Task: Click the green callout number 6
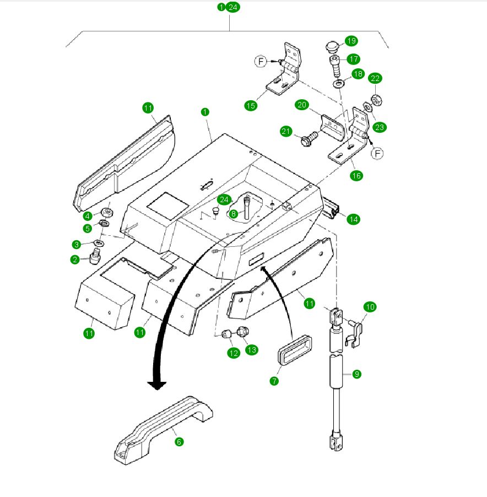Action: pos(179,442)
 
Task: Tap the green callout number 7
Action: pos(274,381)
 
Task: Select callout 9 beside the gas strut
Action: pos(356,374)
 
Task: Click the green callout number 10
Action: pos(370,306)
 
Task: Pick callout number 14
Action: pos(353,219)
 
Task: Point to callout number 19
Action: pos(351,41)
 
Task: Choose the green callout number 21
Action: pos(285,131)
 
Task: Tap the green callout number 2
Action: pos(75,260)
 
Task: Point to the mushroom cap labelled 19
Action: pos(332,46)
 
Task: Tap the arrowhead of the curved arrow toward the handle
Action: pos(157,385)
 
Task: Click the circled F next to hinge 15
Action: pos(261,61)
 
